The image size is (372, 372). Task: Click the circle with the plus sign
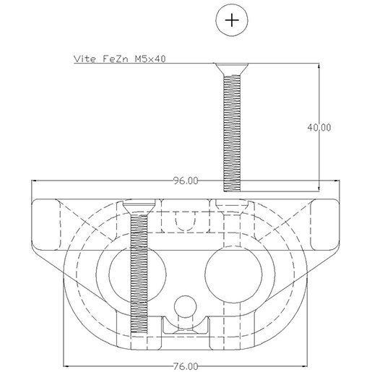(x=231, y=20)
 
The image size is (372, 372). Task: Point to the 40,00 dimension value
(x=319, y=127)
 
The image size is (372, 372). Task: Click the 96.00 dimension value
(x=186, y=181)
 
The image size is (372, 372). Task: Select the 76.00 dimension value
(x=186, y=365)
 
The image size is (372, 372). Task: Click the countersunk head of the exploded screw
(x=231, y=69)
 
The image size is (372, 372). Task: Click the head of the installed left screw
(x=137, y=207)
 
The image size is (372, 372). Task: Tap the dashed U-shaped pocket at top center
(x=186, y=220)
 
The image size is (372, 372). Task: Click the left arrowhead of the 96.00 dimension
(x=34, y=181)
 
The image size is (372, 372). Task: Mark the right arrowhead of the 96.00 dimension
(x=336, y=181)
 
